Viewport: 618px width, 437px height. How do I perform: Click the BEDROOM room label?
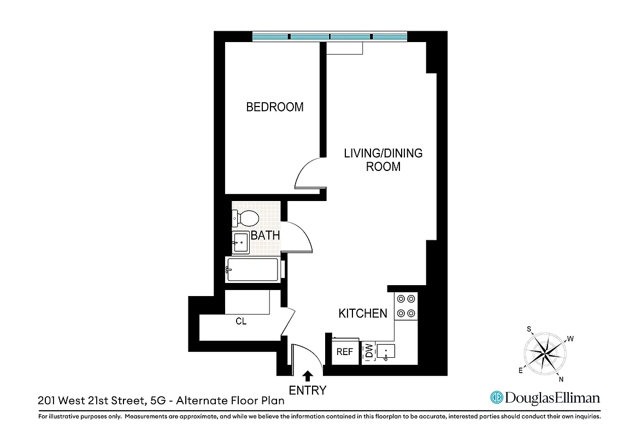(x=275, y=107)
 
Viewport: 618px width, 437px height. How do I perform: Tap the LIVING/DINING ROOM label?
(x=383, y=160)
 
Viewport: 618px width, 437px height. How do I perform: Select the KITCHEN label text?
(x=363, y=314)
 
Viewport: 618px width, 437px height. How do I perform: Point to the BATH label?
(x=265, y=236)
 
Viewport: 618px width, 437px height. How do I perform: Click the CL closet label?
(x=241, y=322)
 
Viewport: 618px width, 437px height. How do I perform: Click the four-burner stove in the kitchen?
(x=405, y=306)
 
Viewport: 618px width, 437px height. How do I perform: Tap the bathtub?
(x=253, y=269)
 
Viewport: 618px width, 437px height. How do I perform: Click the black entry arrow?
(x=308, y=375)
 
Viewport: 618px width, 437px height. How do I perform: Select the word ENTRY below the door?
(x=308, y=391)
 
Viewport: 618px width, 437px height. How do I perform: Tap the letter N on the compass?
(x=561, y=379)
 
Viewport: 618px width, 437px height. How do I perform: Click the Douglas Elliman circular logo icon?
(x=496, y=398)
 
